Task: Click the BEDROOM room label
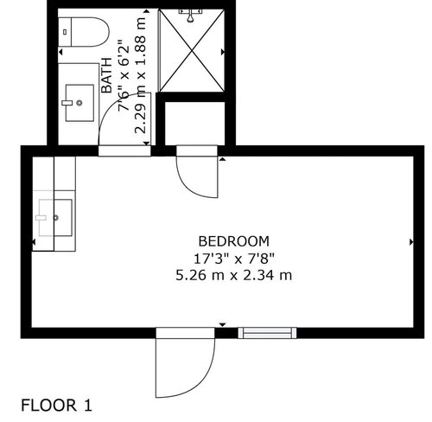234,241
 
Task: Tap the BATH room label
107,75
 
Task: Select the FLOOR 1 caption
56,405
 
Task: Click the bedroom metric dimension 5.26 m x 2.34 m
234,275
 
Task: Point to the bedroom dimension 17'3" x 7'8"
234,259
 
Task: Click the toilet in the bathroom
84,32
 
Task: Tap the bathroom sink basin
79,103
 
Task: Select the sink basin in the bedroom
55,218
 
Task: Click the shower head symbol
190,15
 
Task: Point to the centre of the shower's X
192,51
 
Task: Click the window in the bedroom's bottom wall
267,333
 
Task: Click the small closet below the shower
194,124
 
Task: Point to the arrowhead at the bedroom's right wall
411,242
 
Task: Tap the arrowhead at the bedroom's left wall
34,242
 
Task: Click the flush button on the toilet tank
65,32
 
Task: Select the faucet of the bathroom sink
67,103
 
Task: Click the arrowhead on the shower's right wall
223,52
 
